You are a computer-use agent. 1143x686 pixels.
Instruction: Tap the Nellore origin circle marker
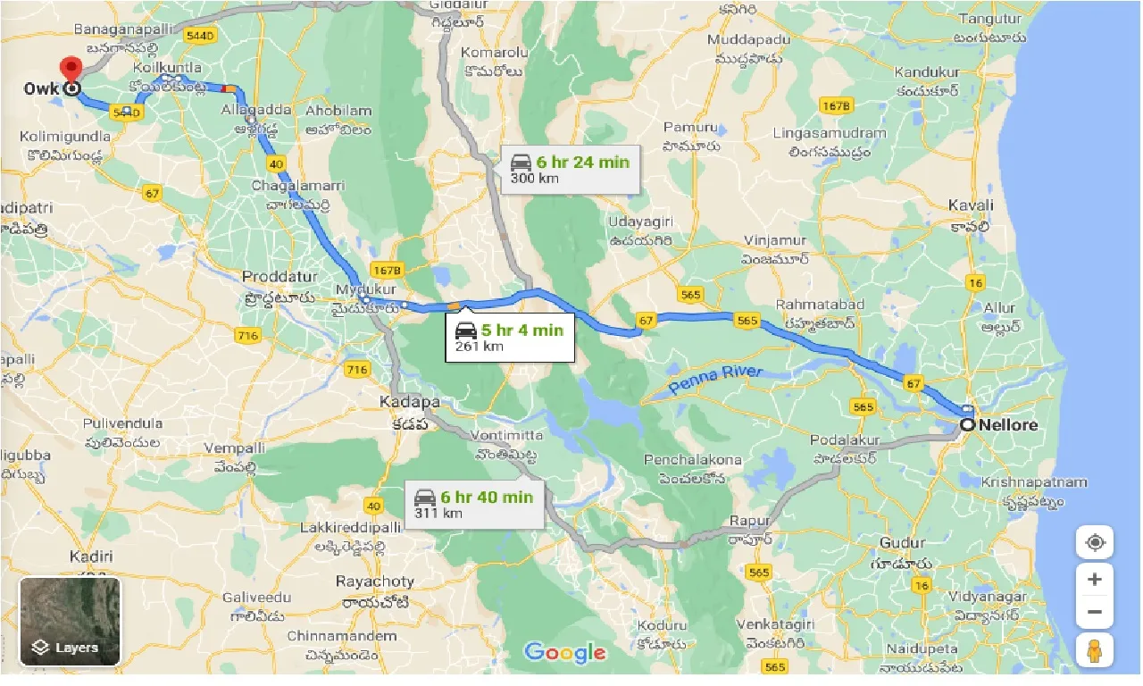(x=967, y=425)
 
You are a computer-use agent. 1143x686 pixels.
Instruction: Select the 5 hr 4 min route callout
(x=510, y=338)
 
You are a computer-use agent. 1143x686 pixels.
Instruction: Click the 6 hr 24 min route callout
(x=571, y=169)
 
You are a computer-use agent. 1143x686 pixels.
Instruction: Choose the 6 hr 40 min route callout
(x=474, y=504)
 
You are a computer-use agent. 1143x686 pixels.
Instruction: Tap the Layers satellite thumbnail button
(x=70, y=621)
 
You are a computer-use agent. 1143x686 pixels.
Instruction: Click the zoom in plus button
(x=1095, y=579)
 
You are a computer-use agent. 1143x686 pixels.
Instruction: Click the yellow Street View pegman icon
(x=1095, y=651)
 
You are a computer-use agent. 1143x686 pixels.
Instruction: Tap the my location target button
(x=1095, y=542)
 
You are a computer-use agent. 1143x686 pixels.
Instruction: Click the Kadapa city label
(x=409, y=402)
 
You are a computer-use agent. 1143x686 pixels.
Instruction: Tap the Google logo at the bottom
(x=564, y=652)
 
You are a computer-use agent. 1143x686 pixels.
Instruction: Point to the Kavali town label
(x=972, y=205)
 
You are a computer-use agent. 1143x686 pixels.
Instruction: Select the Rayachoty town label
(x=374, y=581)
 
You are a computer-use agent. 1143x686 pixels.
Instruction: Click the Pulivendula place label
(x=123, y=423)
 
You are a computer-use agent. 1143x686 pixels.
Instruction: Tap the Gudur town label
(x=903, y=543)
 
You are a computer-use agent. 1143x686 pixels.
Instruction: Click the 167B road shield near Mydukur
(x=388, y=269)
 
